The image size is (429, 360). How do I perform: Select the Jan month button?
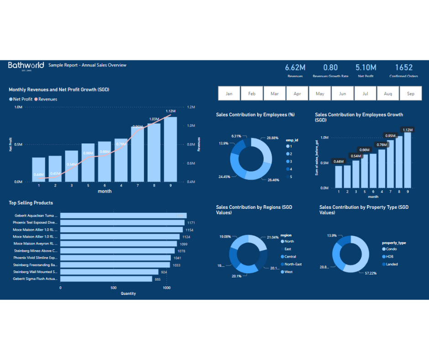click(229, 94)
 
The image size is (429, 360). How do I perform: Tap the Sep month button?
click(410, 94)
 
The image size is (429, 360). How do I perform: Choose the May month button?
click(320, 94)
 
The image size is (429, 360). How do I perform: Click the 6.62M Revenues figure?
click(295, 68)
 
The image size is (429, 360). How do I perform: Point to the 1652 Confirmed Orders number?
click(403, 68)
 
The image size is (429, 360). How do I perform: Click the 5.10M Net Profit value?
click(366, 68)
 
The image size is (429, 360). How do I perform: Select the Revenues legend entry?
click(47, 99)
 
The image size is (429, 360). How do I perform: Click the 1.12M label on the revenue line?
click(171, 111)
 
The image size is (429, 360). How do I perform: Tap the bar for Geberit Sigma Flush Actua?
click(106, 279)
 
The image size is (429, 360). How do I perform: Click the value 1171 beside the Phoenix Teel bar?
click(191, 222)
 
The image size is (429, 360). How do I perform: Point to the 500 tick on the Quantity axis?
click(113, 288)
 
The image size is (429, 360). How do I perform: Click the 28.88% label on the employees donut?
click(272, 138)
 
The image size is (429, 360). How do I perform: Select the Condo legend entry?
click(392, 249)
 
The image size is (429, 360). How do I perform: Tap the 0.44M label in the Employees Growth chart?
click(339, 161)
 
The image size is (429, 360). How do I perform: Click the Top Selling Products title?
click(31, 203)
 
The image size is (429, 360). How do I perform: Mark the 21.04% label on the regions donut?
click(272, 237)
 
